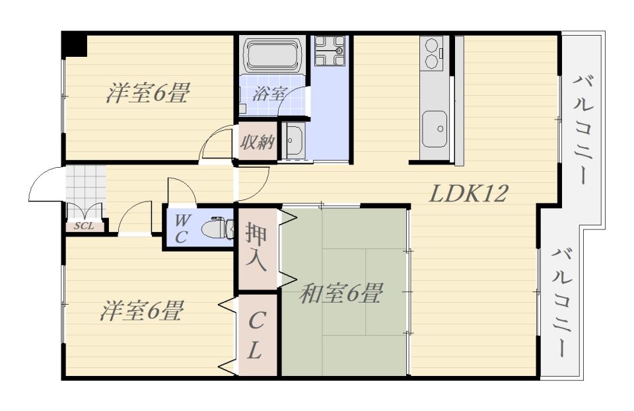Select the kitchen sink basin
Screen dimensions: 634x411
point(435,130)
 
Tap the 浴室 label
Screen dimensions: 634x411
point(269,94)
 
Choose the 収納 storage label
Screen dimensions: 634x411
point(258,142)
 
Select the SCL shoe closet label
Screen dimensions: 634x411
point(84,226)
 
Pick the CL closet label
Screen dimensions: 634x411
point(256,335)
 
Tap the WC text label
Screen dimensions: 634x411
point(181,229)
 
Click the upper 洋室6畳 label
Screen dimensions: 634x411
point(148,93)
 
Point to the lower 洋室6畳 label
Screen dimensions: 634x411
point(142,311)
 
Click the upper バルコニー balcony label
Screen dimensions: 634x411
point(583,130)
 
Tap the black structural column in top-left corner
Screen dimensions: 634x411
point(75,44)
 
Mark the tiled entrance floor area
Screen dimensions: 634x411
point(85,184)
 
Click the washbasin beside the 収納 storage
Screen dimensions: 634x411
point(294,140)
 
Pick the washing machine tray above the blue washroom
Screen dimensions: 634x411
point(330,51)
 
